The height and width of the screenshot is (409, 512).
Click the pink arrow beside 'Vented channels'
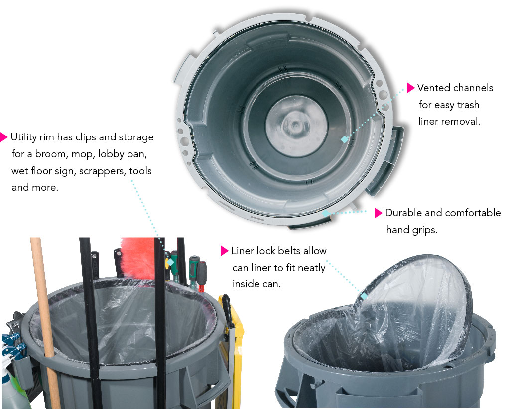click(x=410, y=88)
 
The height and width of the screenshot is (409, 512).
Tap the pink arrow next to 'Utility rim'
click(x=3, y=137)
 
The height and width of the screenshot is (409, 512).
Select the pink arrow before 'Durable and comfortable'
click(x=378, y=213)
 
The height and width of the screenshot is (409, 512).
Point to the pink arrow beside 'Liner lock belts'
click(x=224, y=251)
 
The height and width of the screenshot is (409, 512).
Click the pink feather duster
click(x=138, y=258)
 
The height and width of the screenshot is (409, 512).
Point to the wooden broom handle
click(x=45, y=320)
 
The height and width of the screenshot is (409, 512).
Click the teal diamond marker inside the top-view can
click(x=345, y=139)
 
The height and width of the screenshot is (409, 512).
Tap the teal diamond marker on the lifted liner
click(x=364, y=296)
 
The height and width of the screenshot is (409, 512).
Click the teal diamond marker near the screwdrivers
click(x=171, y=262)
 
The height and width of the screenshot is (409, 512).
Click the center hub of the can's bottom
click(x=296, y=125)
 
